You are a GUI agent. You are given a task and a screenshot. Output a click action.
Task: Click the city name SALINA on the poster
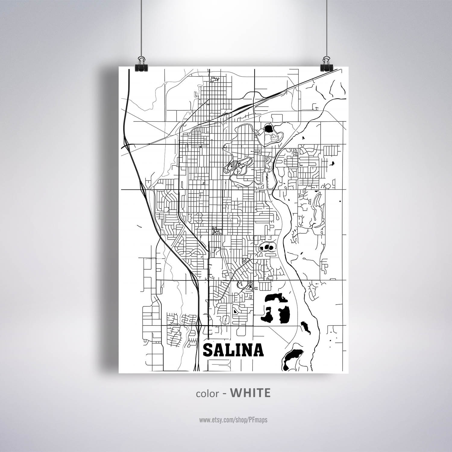coord(234,350)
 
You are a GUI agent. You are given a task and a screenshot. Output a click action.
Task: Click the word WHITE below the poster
coord(250,393)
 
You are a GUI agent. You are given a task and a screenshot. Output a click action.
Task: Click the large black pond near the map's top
coord(268,129)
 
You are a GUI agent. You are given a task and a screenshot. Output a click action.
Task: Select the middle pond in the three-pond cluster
coord(267,247)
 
